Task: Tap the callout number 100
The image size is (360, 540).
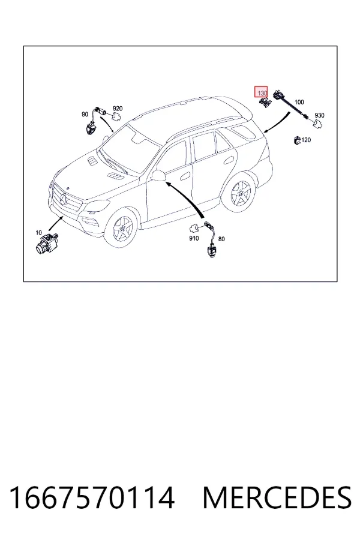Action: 299,102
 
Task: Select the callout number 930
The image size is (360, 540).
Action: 319,115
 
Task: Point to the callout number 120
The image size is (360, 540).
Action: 306,140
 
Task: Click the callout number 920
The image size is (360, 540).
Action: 118,109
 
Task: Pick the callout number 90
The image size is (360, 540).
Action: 85,115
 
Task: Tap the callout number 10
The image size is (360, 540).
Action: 38,233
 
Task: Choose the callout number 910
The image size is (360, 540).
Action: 194,238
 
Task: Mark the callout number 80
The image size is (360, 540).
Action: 221,239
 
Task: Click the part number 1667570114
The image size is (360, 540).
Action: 92,497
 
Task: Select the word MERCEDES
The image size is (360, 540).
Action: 277,497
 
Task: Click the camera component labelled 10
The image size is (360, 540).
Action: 47,243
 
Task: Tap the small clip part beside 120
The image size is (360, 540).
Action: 297,140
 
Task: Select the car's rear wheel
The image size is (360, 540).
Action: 239,193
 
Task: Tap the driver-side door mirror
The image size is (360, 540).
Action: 158,175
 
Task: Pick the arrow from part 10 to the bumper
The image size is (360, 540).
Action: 56,223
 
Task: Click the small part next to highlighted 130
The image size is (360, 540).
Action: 265,102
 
